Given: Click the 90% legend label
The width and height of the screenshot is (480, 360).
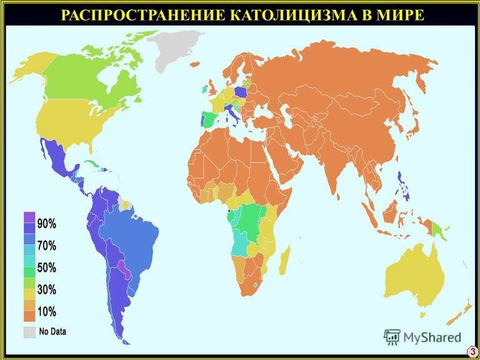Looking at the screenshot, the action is (46, 223).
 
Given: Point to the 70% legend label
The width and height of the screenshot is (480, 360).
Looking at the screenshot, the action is (46, 245).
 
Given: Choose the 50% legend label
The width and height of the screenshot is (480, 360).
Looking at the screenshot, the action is (46, 267).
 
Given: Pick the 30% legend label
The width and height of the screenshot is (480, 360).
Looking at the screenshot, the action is (46, 289).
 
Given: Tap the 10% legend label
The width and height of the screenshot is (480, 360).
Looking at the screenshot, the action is (46, 311).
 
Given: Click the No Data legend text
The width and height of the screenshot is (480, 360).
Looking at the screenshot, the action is (52, 331).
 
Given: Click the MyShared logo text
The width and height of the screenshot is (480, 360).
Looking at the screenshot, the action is (431, 337).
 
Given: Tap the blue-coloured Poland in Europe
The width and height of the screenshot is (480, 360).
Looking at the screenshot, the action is (241, 92).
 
